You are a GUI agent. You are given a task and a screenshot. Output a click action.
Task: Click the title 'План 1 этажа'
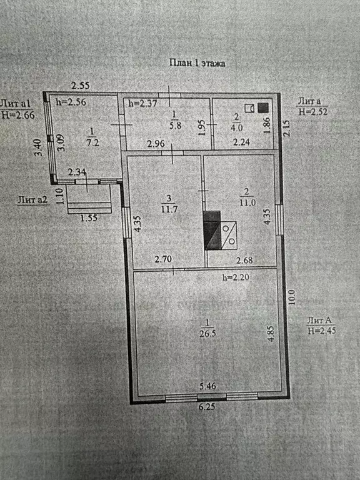click(197, 63)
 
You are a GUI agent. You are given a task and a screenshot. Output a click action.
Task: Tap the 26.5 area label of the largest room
click(207, 333)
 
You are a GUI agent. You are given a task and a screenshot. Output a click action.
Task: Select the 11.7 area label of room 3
click(169, 210)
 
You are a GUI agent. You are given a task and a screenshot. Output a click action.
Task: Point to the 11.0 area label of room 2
click(247, 202)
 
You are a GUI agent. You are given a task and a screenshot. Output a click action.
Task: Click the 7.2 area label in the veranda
click(92, 142)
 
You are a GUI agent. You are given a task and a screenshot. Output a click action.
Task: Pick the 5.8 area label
click(175, 125)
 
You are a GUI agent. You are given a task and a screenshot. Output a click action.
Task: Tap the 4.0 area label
click(237, 127)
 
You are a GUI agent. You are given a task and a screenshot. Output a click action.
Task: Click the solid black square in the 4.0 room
click(263, 107)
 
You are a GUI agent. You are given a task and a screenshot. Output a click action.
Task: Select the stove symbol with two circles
click(229, 235)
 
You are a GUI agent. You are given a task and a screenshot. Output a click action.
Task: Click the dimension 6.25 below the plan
click(207, 407)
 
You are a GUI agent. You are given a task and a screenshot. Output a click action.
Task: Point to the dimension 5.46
click(208, 386)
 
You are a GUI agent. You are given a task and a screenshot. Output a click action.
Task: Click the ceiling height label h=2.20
click(236, 277)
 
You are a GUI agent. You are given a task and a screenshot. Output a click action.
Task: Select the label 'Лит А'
click(319, 321)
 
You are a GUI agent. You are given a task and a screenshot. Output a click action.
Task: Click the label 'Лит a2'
click(32, 200)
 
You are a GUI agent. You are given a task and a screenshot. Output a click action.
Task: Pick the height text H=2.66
click(18, 115)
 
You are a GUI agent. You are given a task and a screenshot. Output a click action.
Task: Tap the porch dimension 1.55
click(89, 217)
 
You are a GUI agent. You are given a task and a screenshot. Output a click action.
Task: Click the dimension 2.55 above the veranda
click(81, 85)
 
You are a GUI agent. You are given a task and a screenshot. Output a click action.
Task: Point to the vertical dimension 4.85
click(271, 334)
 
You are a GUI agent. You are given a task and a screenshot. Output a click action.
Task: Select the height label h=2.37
click(142, 104)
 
